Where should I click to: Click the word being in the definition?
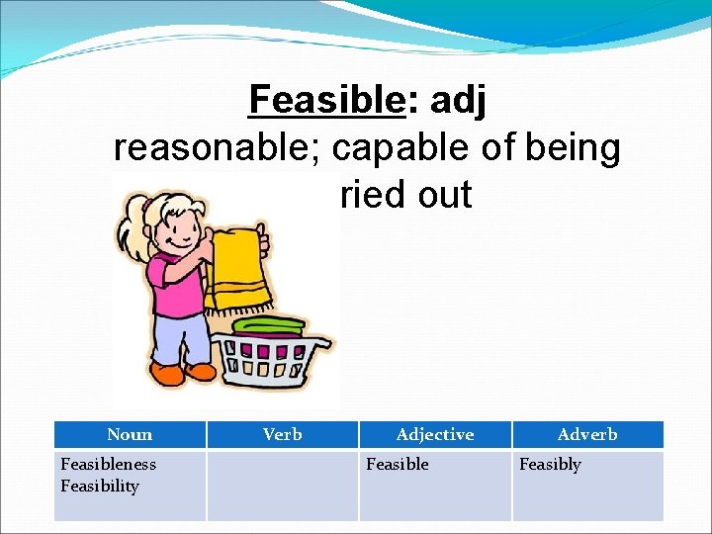click(x=575, y=147)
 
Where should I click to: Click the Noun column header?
click(x=130, y=434)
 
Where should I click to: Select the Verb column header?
click(x=283, y=434)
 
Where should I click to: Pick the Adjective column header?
click(x=434, y=434)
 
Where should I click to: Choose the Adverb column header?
click(x=587, y=434)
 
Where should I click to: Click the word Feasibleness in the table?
click(x=108, y=464)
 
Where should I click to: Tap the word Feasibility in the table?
click(x=100, y=486)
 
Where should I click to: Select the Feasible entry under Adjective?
click(x=398, y=464)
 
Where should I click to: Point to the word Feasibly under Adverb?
click(x=550, y=464)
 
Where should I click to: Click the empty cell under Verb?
click(x=283, y=486)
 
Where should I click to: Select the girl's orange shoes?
click(x=184, y=373)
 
